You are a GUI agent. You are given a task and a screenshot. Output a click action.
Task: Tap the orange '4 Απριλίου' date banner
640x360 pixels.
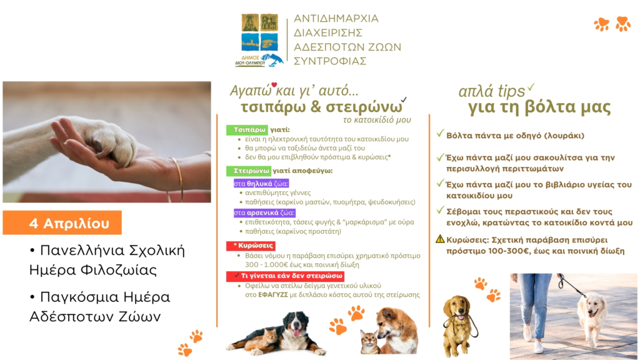coord(62,222)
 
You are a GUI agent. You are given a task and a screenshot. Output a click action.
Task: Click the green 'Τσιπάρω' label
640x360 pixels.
coord(247,130)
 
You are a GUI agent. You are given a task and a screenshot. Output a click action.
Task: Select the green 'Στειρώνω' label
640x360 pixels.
coord(249,171)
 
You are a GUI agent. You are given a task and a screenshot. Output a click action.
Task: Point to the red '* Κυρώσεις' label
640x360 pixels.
coord(251,246)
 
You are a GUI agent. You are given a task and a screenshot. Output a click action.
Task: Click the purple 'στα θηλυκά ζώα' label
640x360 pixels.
coord(261,184)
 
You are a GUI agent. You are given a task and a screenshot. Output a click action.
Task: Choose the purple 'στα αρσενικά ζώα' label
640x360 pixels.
coord(264,212)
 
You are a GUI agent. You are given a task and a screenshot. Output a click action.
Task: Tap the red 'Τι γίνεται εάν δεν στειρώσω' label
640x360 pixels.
coord(285,276)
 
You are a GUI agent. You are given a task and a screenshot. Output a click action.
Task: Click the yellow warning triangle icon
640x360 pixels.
coord(440,239)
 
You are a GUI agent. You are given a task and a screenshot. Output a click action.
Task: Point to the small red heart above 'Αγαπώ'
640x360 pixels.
coord(274,84)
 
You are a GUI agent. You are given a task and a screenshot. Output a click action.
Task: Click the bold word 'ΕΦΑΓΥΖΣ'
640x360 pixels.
coord(273,295)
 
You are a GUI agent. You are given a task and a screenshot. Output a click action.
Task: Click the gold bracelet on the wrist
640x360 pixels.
coord(178,179)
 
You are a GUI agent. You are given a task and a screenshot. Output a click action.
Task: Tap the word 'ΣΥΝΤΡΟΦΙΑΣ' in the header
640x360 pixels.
coord(330,61)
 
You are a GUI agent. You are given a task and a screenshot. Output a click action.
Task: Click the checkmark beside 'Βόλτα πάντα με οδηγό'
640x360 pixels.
coord(440,134)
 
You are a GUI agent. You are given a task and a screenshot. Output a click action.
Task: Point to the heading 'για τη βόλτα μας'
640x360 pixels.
coord(539,107)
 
